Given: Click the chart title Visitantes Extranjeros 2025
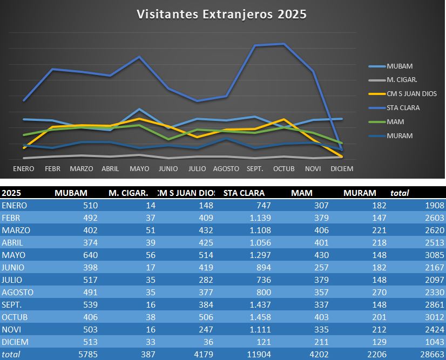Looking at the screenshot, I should (221, 14).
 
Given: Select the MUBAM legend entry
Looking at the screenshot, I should (400, 66).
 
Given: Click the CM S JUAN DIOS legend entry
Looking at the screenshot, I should (411, 94).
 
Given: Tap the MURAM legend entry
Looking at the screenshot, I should (400, 136).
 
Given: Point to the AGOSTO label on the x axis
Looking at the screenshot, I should (226, 169).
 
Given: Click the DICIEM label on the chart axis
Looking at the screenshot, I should (342, 169).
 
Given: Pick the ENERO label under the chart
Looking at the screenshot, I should (24, 169).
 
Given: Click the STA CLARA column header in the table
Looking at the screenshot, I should (245, 193).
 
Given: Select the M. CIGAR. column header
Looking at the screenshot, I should (129, 193).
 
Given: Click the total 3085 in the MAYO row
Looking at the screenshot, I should (433, 255).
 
